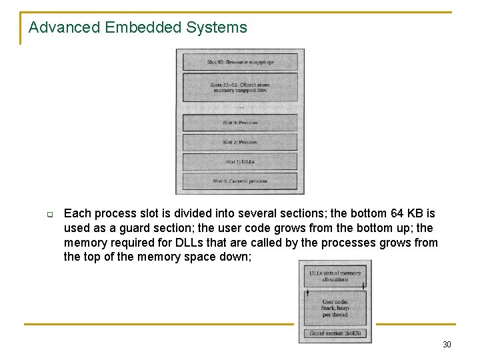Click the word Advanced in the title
(x=56, y=28)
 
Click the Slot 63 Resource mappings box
(x=240, y=62)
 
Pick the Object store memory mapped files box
(x=240, y=87)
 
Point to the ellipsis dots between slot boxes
(x=240, y=107)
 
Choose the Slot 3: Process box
(x=240, y=123)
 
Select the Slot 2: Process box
(x=240, y=142)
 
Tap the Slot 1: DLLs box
(x=240, y=161)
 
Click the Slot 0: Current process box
(x=240, y=181)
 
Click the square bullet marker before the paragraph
(x=49, y=215)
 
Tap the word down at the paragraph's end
(x=236, y=257)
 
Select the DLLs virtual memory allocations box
(x=335, y=276)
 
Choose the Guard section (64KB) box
(x=335, y=333)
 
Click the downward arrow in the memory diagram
(x=363, y=285)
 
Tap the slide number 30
(x=447, y=344)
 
